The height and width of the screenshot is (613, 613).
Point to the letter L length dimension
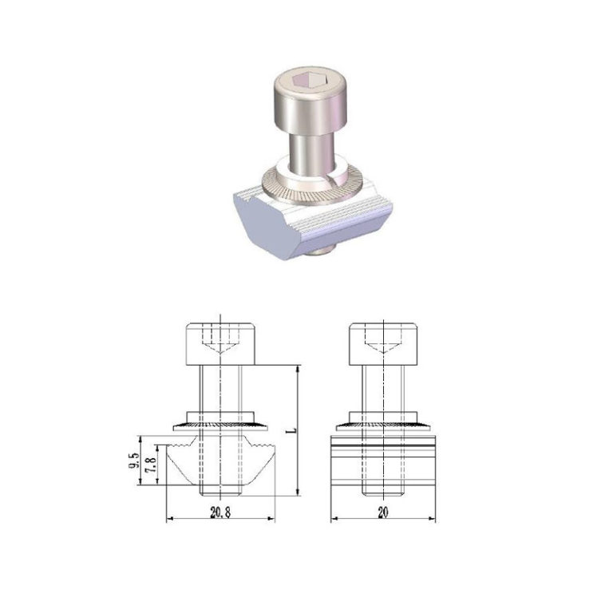click(x=291, y=430)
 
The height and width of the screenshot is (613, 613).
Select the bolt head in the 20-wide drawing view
click(x=383, y=343)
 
